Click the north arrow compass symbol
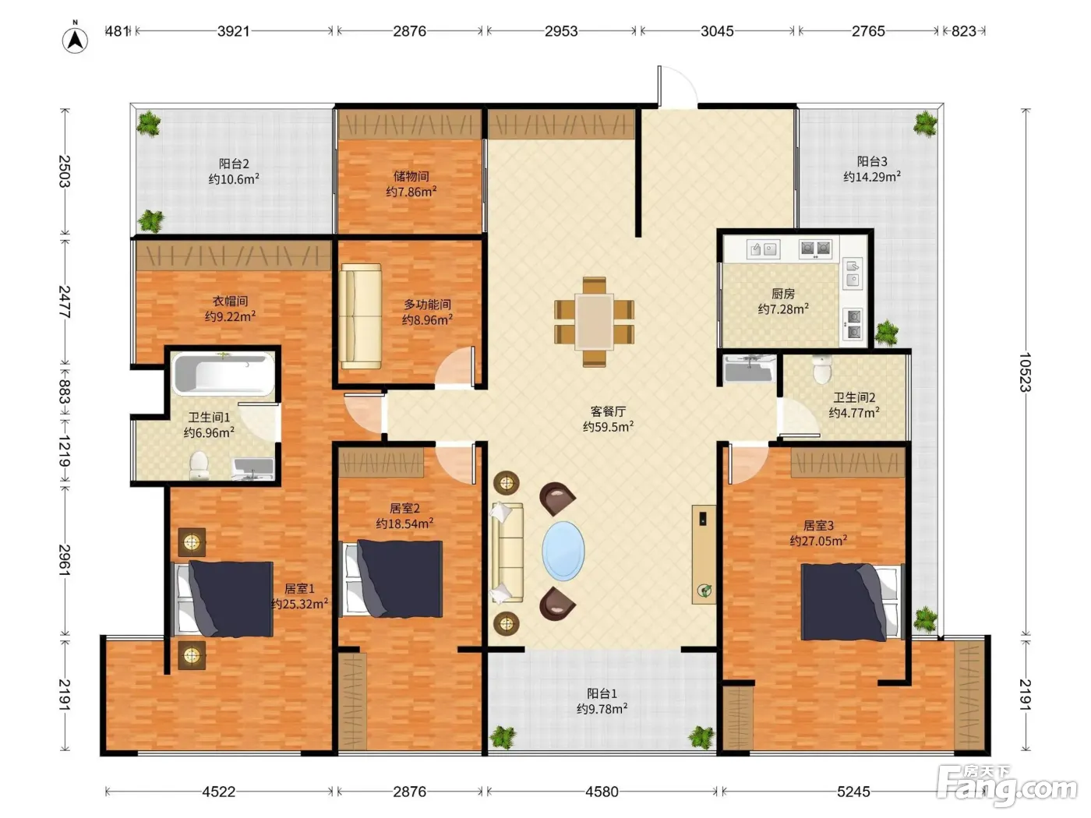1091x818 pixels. [75, 39]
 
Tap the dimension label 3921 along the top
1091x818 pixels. [234, 31]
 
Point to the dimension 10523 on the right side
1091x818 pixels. [1025, 372]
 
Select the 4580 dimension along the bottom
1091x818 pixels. [602, 792]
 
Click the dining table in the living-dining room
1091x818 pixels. [594, 322]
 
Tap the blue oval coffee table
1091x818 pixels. [563, 550]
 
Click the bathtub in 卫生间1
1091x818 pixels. [223, 373]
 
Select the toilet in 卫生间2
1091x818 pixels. [823, 369]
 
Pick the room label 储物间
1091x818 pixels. [411, 176]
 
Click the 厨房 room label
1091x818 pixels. [783, 294]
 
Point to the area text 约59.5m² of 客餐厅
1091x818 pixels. [608, 427]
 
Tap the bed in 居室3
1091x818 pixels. [852, 601]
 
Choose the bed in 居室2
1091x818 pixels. [391, 579]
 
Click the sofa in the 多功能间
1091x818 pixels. [361, 316]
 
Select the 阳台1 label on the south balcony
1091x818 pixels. [602, 693]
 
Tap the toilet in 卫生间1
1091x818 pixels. [199, 465]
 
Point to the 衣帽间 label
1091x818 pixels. [230, 301]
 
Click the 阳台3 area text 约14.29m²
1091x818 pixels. [872, 177]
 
